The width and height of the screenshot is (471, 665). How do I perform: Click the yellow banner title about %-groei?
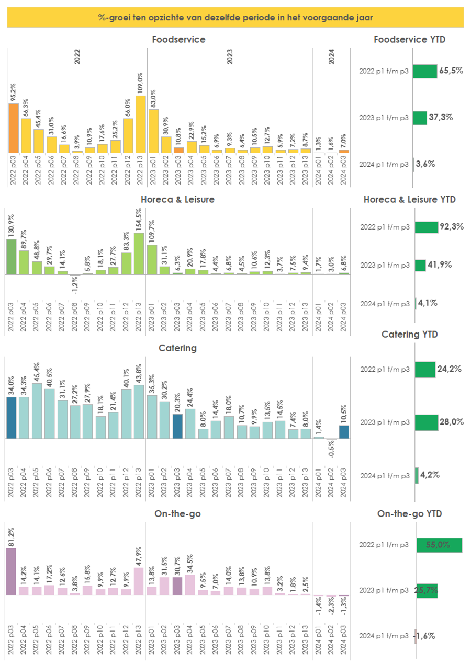tap(235, 18)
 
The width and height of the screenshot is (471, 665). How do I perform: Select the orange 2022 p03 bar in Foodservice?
tap(14, 128)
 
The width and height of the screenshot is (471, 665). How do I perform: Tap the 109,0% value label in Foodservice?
tap(140, 83)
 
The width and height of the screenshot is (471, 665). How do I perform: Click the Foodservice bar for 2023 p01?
tap(153, 131)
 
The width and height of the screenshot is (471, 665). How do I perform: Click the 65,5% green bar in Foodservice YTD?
tap(425, 72)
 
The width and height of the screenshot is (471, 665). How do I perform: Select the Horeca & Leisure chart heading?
tap(178, 199)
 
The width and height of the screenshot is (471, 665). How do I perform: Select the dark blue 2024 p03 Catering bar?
tap(344, 432)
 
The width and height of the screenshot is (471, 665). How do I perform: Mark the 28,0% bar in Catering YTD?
tap(426, 422)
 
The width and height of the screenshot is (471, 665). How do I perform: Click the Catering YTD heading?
tap(409, 334)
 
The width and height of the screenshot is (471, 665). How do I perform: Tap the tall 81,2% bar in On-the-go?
tap(11, 571)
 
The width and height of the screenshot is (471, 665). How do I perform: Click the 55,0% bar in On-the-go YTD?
tap(439, 545)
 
